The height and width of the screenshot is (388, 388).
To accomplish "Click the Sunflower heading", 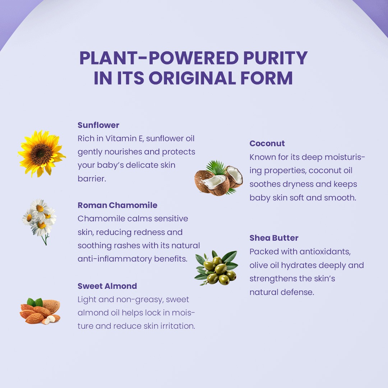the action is click(98, 125).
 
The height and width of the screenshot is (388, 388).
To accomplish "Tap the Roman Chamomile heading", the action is click(117, 205).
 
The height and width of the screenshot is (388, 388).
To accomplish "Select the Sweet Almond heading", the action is click(107, 286).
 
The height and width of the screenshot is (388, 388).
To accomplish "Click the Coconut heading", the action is click(267, 143).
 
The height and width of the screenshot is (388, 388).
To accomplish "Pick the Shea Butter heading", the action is click(274, 238).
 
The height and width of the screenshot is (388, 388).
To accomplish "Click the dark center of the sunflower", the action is click(41, 154).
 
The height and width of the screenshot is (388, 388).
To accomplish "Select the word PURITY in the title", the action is click(276, 58).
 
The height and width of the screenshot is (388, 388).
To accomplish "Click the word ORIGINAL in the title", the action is click(192, 78).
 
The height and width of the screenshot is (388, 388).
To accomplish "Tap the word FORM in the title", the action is click(267, 78).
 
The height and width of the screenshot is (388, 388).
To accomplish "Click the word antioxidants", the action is click(325, 252).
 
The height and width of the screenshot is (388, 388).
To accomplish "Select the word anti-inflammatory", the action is click(115, 259).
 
